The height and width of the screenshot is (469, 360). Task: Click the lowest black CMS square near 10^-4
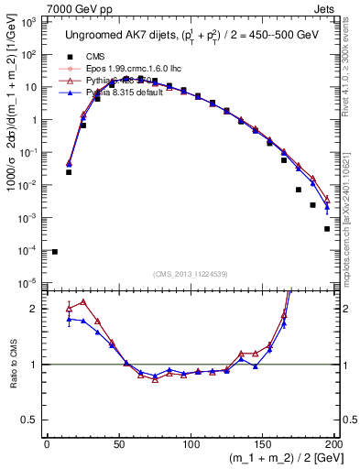coord(55,252)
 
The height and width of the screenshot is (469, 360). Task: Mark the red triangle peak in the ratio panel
coord(83,301)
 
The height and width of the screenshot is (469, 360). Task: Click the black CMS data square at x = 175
coord(299,190)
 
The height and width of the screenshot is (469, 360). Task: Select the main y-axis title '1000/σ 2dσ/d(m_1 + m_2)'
coord(13,147)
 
